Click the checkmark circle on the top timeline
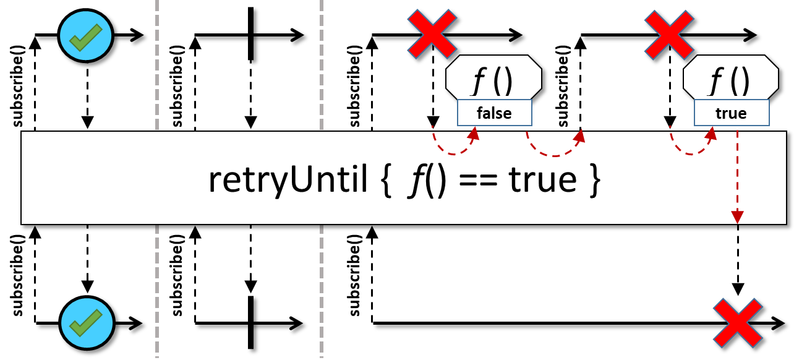tap(85, 35)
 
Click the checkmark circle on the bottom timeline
tap(87, 322)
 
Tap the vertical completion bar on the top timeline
tap(251, 34)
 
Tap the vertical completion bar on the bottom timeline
tap(251, 322)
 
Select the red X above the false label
tap(432, 34)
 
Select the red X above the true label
tap(668, 34)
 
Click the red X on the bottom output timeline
tap(737, 322)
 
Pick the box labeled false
tap(494, 113)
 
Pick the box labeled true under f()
tap(731, 113)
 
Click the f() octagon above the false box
tap(493, 78)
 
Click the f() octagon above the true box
tap(730, 78)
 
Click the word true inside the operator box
tap(542, 180)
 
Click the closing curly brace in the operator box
tap(594, 181)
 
